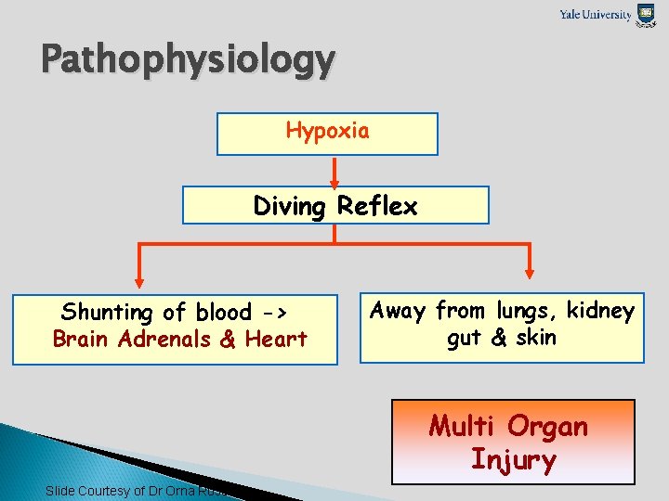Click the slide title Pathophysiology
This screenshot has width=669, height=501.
[x=188, y=61]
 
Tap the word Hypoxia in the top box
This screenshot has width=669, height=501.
[x=327, y=131]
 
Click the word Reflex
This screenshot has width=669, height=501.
[x=377, y=206]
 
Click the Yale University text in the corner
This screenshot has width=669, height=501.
[x=595, y=14]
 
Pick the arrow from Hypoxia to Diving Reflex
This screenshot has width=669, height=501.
[x=334, y=172]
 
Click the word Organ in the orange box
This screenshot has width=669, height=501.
[x=548, y=427]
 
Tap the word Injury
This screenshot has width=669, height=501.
[x=513, y=460]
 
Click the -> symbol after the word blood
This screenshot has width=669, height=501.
[x=272, y=313]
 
